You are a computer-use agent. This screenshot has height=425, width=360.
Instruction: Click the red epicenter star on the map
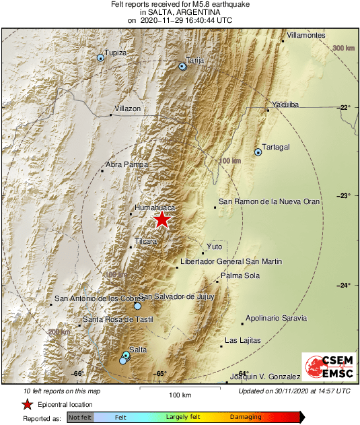[161, 220]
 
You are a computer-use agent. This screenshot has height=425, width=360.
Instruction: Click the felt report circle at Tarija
[182, 66]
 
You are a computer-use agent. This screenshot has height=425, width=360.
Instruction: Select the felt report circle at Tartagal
[258, 152]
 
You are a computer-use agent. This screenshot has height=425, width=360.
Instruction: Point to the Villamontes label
[306, 35]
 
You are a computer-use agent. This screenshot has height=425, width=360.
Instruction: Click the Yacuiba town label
[285, 104]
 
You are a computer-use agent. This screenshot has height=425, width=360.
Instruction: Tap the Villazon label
[128, 108]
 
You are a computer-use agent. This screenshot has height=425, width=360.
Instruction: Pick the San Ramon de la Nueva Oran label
[269, 201]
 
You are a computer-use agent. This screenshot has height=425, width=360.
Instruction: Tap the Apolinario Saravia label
[276, 318]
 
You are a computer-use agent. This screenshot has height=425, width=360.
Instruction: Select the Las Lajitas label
[242, 341]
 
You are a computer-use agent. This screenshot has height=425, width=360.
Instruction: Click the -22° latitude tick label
[344, 108]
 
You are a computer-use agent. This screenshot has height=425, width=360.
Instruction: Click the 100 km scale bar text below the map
[180, 395]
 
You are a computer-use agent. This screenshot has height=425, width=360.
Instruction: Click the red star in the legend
[27, 404]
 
